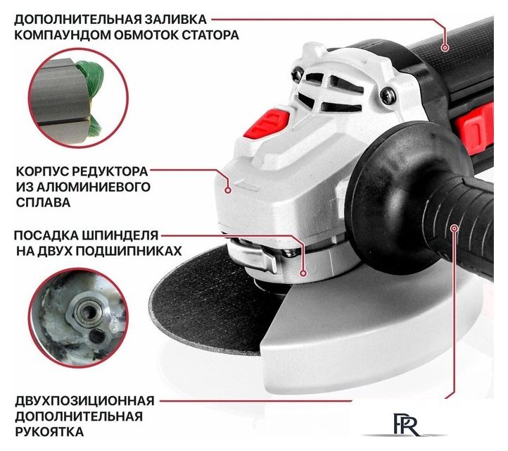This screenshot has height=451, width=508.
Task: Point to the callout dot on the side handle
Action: coord(455,228)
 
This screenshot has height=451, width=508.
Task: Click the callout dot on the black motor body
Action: coord(445,48)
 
